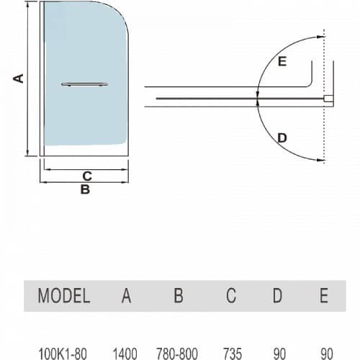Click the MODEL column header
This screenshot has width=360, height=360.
64,295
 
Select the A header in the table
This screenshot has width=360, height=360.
126,295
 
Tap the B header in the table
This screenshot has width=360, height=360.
179,295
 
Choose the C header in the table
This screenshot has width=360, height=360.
231,295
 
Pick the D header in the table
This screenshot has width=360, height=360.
277,295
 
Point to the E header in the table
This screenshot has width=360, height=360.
324,295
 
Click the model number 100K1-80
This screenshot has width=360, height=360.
63,354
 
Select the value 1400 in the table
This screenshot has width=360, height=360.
125,354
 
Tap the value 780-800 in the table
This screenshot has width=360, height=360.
177,354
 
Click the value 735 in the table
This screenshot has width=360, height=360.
233,354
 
